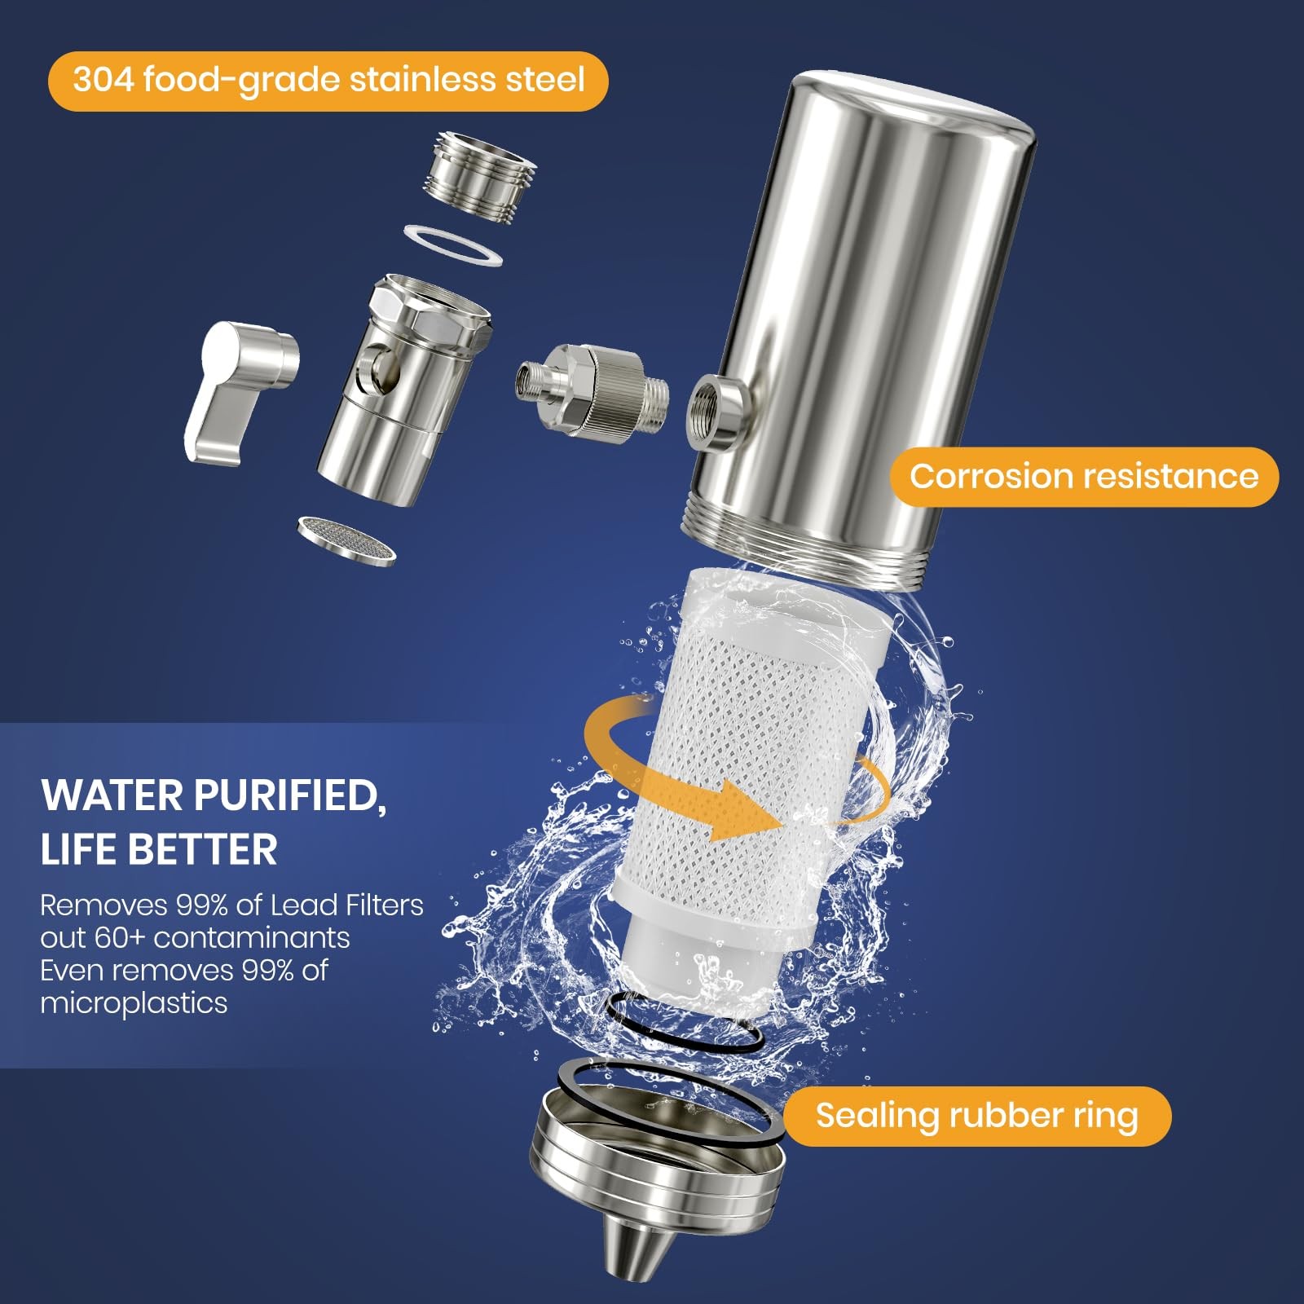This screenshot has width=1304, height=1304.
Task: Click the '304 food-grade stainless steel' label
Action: coord(328,81)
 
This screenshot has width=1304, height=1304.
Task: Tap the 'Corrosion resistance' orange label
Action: coord(1083,477)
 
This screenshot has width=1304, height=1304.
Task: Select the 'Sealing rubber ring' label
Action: coord(976,1116)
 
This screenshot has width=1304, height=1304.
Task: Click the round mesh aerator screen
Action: coord(347,539)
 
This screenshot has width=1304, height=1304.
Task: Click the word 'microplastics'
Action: coord(134,1003)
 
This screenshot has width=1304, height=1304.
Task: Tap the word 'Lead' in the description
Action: coord(304,905)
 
